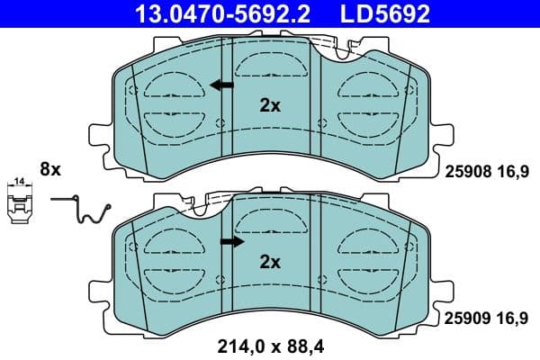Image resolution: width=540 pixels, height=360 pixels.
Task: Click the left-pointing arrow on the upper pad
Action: pos(220,85)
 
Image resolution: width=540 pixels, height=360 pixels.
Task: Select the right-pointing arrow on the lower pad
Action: pos(232,242)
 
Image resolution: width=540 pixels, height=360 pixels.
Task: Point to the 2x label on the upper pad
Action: pos(270,105)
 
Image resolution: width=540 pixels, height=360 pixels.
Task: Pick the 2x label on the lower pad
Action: pos(270,263)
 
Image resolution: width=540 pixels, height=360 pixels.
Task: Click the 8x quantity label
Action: pos(49,168)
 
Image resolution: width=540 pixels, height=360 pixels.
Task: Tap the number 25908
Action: pos(464,167)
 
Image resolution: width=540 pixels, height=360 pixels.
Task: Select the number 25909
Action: pos(464,317)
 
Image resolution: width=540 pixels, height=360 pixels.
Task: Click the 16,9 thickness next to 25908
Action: pos(510,167)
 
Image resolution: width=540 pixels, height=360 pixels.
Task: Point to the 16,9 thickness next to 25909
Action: pos(510,317)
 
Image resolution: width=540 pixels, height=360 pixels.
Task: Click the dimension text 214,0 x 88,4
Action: pos(271,343)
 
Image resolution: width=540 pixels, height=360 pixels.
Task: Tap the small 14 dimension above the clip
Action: pos(19,184)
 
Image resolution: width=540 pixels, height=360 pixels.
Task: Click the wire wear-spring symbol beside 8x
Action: pos(85,211)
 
